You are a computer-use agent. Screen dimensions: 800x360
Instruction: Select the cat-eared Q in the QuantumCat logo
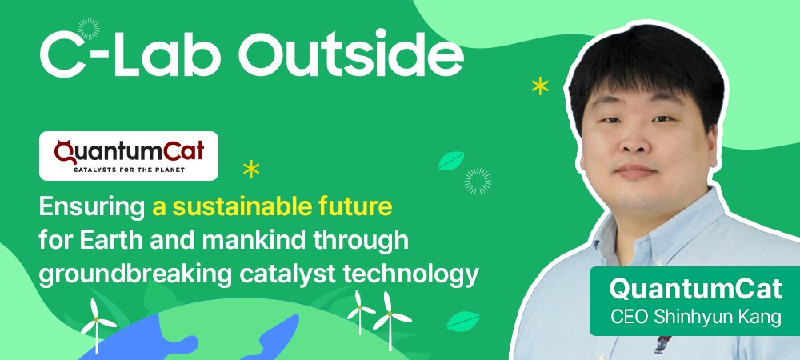(64, 152)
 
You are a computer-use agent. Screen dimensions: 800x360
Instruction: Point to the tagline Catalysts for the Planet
(130, 170)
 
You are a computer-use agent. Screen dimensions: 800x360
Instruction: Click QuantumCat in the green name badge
(695, 290)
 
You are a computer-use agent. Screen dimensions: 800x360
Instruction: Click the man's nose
(632, 142)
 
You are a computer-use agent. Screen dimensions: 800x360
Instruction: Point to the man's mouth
(635, 171)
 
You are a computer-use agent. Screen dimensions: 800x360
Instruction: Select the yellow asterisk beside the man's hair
(540, 86)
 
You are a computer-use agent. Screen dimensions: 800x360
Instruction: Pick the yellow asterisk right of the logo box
(251, 168)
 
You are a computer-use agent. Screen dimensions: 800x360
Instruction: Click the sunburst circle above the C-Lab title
(88, 29)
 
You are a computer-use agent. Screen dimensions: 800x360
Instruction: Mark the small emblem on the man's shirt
(662, 344)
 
